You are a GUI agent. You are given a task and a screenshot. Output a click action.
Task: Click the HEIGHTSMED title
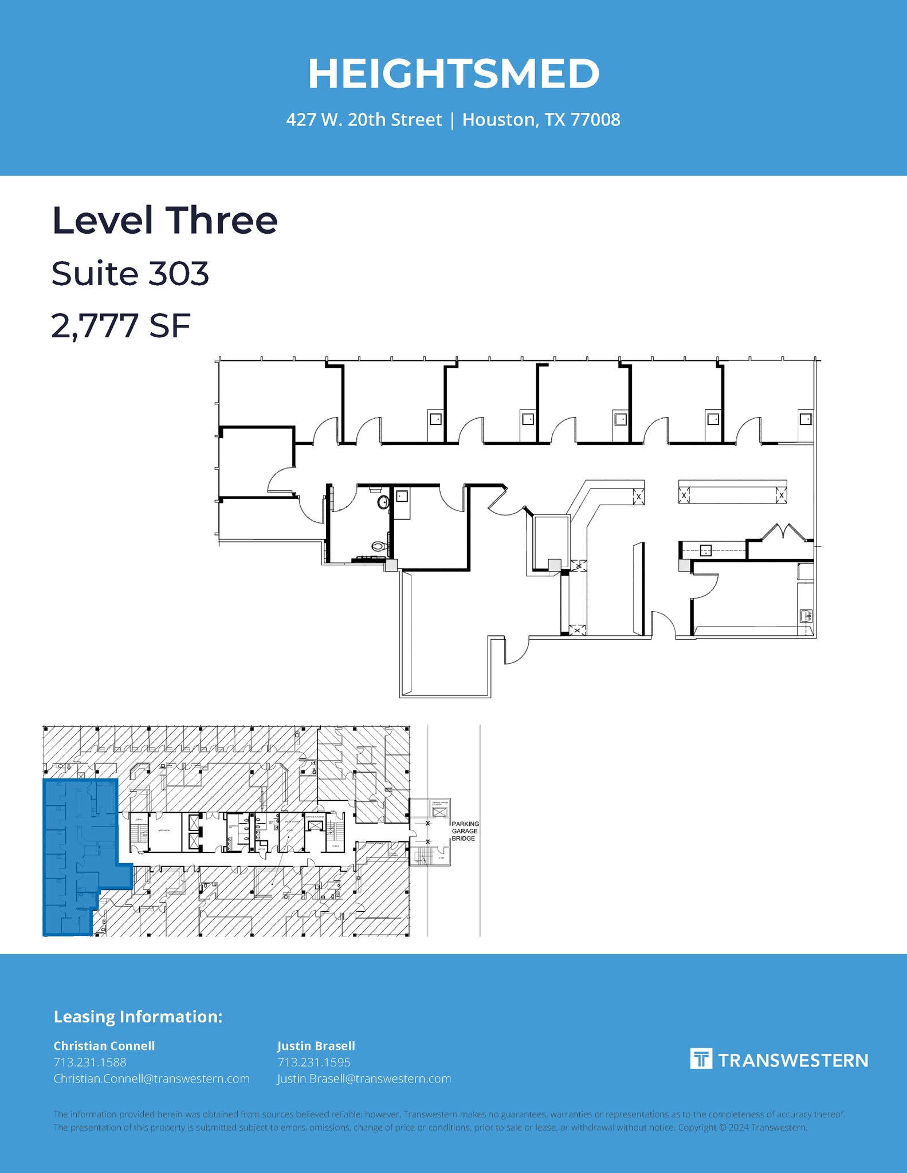[x=453, y=74]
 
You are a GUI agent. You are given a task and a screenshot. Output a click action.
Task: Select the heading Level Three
[x=165, y=221]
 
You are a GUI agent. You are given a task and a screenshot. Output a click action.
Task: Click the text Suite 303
[x=130, y=274]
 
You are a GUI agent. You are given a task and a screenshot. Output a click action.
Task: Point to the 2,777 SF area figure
[x=121, y=326]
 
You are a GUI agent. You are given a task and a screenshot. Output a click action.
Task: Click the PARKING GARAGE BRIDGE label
[x=465, y=831]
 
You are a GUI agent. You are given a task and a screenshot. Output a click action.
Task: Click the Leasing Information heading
[x=138, y=1017]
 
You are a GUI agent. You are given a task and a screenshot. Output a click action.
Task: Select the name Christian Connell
[x=104, y=1046]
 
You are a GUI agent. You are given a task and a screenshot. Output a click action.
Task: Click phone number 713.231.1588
[x=90, y=1062]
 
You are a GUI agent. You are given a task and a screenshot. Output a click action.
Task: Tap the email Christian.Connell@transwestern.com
[x=151, y=1078]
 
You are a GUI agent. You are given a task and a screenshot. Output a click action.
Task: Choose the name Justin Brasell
[x=316, y=1046]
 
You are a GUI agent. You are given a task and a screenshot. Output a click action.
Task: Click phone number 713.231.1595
[x=314, y=1062]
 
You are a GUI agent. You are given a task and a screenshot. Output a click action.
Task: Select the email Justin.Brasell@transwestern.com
[x=364, y=1078]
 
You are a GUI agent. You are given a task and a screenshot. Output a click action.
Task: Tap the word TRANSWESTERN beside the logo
[x=793, y=1061]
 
